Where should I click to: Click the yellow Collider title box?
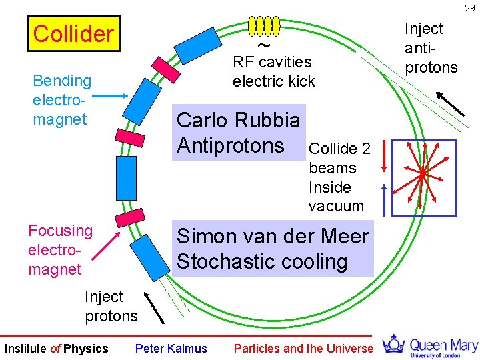tap(73, 34)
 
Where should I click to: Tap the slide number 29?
tap(470, 7)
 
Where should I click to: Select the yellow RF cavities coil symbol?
tap(263, 25)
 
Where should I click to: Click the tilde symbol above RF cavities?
tap(264, 45)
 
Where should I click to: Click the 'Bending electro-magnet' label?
tap(62, 100)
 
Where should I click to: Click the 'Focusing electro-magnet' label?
tap(60, 250)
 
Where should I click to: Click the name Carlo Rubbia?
tap(238, 120)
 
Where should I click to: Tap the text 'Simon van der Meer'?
tap(272, 237)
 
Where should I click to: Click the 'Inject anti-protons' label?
tap(431, 48)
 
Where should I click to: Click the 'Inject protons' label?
tap(111, 306)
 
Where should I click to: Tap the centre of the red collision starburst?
tap(422, 174)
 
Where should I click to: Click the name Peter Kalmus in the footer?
tap(171, 349)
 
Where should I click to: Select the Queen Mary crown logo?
tap(393, 345)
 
